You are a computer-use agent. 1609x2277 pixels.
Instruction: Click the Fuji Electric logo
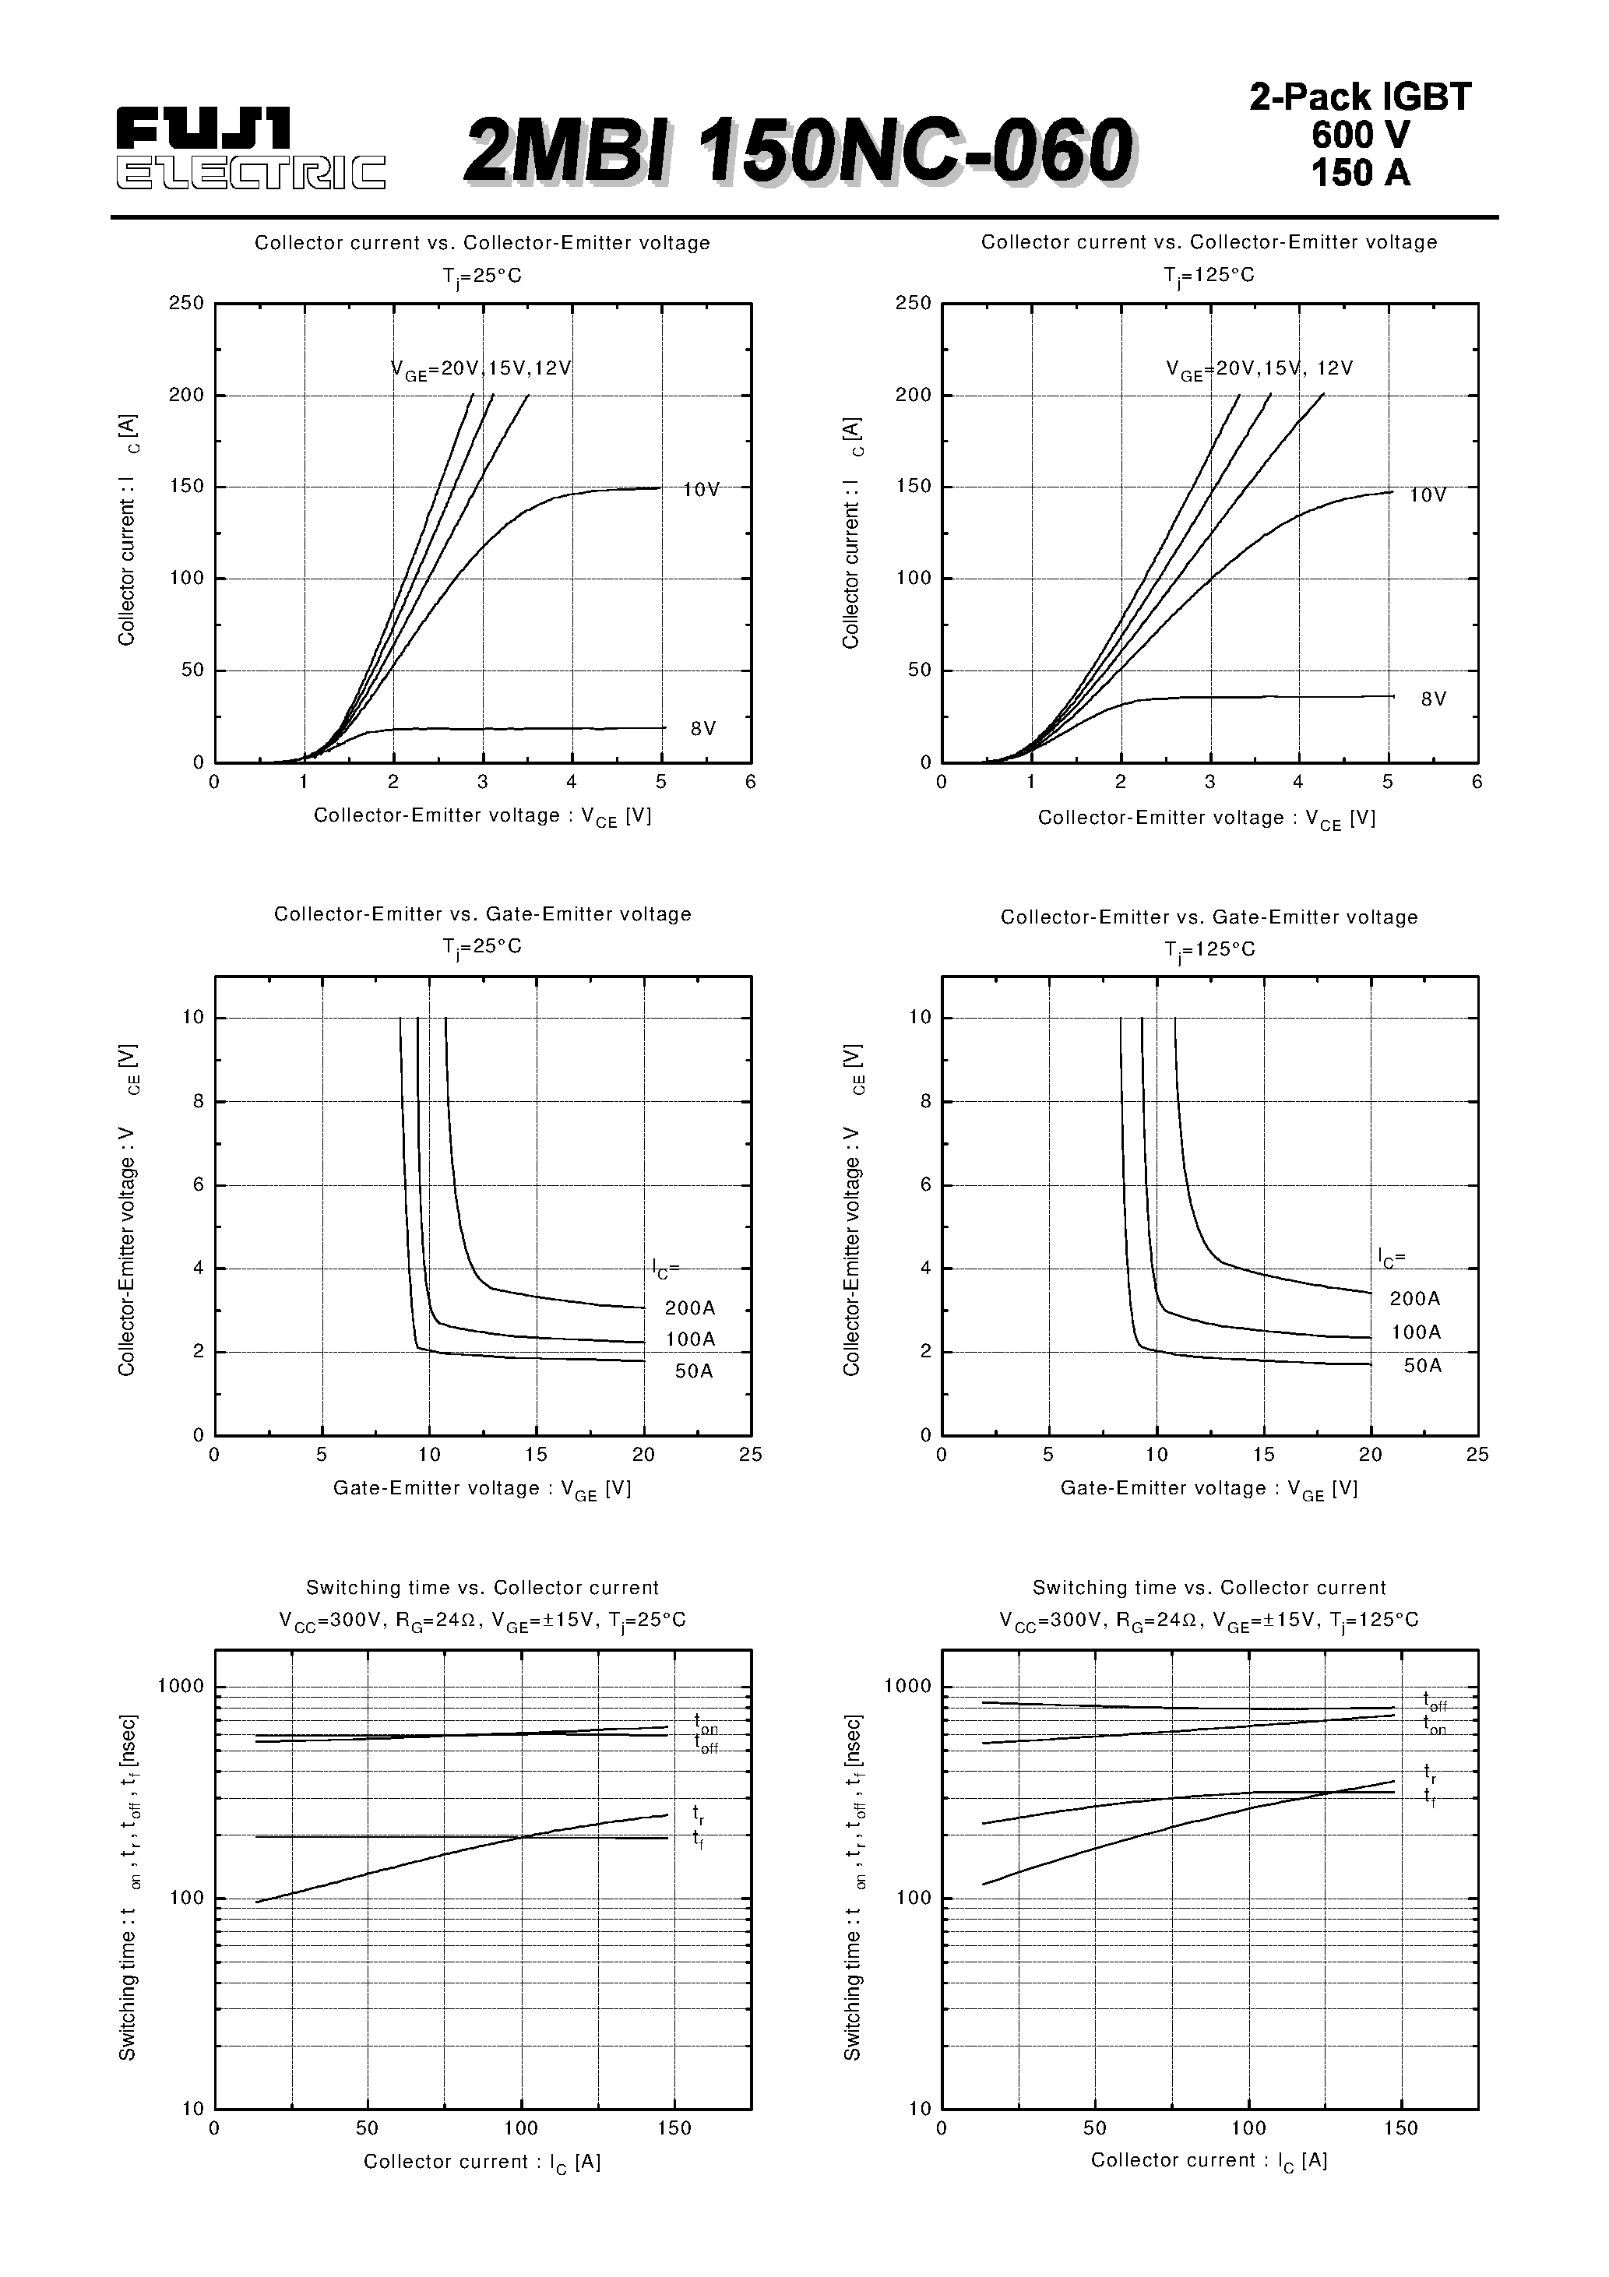click(250, 149)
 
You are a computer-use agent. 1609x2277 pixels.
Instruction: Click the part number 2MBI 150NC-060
click(798, 151)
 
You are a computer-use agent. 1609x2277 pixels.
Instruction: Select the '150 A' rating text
click(1360, 173)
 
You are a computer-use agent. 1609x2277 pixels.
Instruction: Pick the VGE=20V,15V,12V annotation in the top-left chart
click(481, 369)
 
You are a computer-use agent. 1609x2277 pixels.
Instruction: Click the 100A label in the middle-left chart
click(689, 1339)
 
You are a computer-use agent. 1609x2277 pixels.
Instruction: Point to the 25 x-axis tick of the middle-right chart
click(1477, 1454)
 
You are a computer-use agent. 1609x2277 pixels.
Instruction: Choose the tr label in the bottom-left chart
click(699, 1815)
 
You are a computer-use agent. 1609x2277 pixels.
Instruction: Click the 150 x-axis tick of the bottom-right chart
click(1401, 2128)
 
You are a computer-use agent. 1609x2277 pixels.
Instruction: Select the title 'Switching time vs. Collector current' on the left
click(482, 1588)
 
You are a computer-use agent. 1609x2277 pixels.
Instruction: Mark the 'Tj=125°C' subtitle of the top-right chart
click(1209, 276)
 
